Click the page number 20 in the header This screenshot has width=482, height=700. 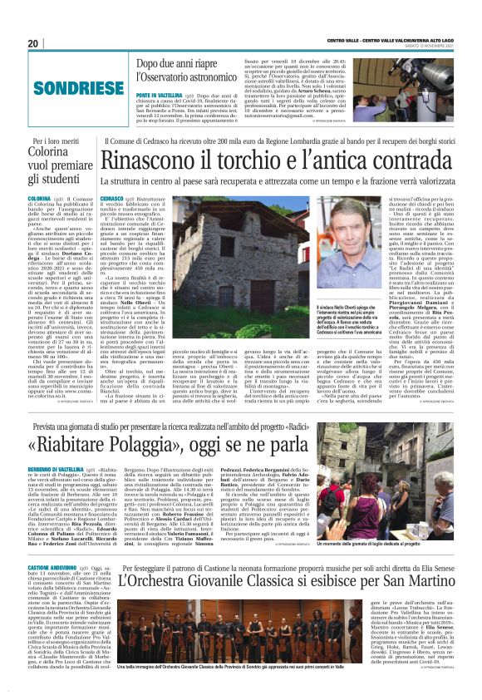pos(32,43)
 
